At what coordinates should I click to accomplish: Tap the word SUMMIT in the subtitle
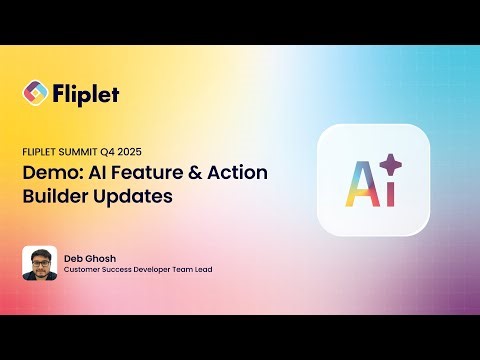(x=81, y=152)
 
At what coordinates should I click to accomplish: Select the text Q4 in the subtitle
(x=113, y=152)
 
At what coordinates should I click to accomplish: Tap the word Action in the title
(x=236, y=173)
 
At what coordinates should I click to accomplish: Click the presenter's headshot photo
(x=39, y=263)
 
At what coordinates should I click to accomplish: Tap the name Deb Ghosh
(x=87, y=257)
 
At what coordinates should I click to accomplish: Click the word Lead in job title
(x=202, y=269)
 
